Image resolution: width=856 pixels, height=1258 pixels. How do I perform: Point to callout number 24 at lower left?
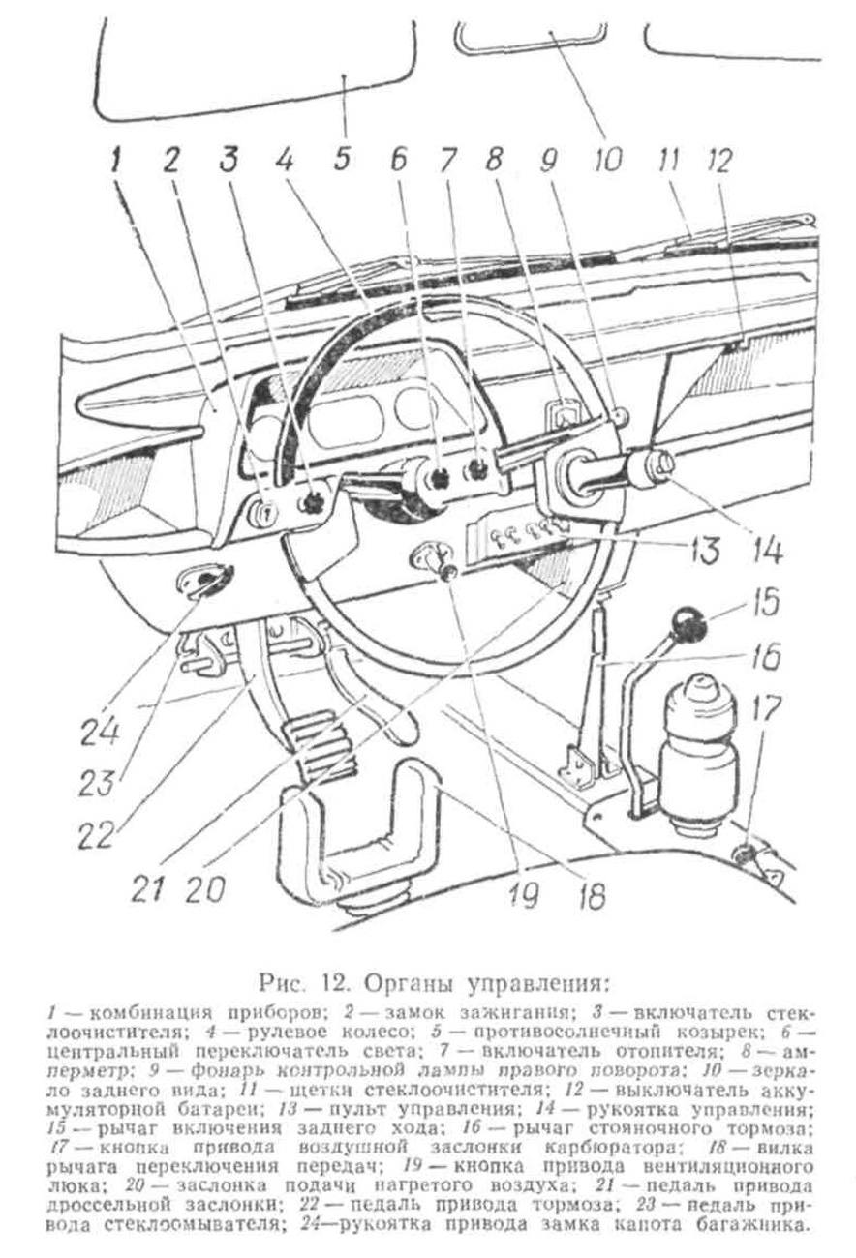(x=101, y=730)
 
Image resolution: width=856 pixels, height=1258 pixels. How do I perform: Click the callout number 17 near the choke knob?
(x=766, y=709)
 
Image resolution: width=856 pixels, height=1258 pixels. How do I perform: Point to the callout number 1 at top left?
(x=116, y=160)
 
